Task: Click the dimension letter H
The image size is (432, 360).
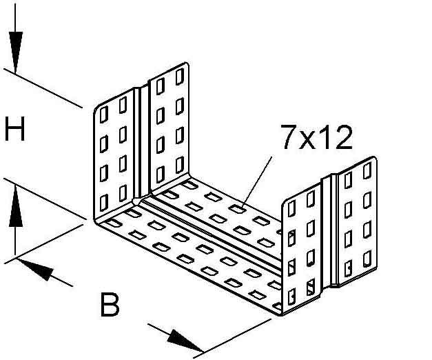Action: coord(14,130)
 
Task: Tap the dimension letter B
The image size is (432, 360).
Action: coord(110,304)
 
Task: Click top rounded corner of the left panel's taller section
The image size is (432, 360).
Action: coord(182,68)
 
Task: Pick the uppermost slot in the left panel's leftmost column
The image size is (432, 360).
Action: coord(103,112)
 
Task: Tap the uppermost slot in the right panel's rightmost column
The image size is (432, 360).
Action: coord(366,173)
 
